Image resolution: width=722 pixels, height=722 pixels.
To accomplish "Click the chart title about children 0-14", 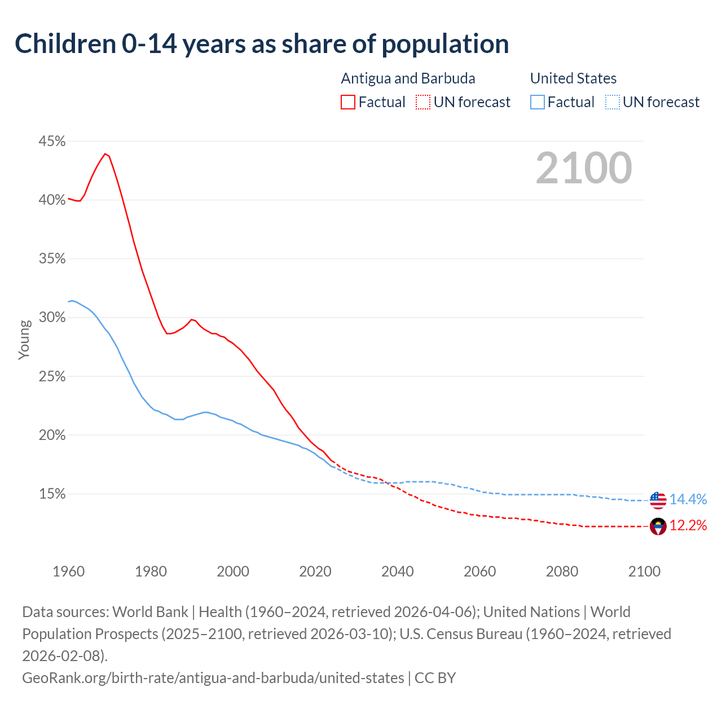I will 262,44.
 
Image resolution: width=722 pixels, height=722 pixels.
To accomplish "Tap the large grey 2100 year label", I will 583,168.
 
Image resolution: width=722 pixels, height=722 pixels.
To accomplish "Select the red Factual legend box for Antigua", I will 348,102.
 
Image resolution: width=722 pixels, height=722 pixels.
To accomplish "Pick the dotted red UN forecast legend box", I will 422,102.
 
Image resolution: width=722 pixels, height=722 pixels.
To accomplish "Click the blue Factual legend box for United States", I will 537,102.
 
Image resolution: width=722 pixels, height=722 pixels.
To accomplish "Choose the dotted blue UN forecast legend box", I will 612,102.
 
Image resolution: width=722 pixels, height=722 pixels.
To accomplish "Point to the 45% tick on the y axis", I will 52,141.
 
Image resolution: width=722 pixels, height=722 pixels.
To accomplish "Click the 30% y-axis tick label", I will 52,318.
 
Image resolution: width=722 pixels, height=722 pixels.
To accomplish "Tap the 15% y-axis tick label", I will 52,494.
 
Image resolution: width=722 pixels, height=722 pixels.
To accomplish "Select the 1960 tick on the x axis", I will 69,571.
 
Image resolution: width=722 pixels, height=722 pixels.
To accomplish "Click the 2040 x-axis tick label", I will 398,571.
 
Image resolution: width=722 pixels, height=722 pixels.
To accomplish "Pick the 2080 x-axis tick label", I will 562,571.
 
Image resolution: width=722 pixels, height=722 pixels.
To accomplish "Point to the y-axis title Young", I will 24,340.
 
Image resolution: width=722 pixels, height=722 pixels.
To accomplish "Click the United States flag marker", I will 658,500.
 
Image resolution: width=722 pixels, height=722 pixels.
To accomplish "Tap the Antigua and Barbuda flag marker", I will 658,526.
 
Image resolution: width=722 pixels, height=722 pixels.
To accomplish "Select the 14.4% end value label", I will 688,499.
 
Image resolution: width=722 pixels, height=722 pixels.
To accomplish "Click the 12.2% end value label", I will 688,526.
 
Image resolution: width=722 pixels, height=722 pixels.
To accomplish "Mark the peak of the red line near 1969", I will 105,153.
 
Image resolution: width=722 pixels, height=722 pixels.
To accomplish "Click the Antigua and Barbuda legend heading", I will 408,78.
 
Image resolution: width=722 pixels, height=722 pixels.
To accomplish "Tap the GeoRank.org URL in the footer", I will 213,677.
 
